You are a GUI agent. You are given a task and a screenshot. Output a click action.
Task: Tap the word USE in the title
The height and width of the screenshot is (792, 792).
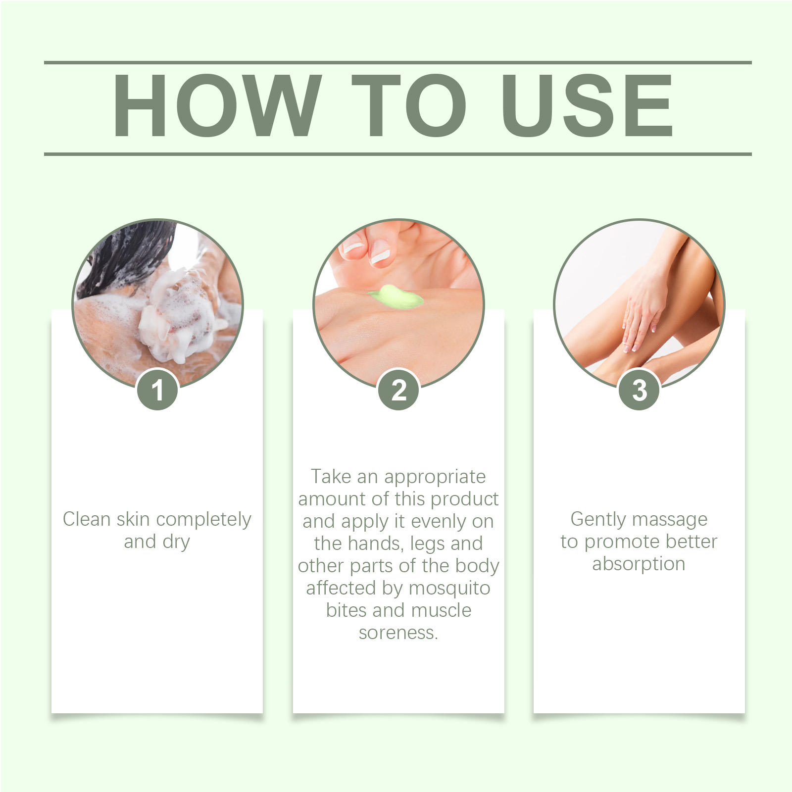[587, 105]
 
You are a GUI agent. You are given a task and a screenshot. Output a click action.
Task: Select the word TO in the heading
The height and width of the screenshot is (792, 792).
[409, 105]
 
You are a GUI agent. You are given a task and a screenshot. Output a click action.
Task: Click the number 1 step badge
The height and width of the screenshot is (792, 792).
[157, 390]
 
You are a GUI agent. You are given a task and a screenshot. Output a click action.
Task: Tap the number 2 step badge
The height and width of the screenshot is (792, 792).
[398, 390]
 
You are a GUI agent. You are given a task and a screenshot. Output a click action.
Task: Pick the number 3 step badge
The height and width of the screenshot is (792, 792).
[639, 390]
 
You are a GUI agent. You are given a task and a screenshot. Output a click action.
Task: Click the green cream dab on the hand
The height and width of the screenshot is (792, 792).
[395, 297]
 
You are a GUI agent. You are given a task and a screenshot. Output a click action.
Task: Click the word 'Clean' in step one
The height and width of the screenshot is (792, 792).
[87, 519]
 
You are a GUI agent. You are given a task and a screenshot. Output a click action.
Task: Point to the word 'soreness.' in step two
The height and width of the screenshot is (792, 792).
[398, 633]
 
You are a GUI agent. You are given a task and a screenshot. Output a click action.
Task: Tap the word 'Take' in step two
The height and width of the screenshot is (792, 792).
[331, 476]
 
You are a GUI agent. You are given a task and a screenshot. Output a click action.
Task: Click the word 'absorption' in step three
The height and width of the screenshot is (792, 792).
[639, 564]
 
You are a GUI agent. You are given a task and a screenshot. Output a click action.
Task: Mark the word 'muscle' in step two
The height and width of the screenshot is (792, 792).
[442, 610]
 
